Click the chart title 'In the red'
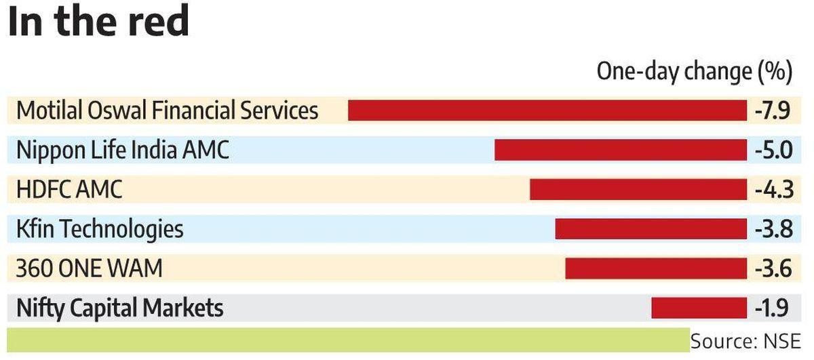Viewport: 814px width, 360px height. [98, 22]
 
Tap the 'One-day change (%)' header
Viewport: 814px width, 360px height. [694, 71]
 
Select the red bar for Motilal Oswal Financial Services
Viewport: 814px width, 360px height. [547, 111]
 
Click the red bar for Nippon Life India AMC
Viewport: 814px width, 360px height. [621, 150]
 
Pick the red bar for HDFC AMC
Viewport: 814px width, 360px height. [638, 189]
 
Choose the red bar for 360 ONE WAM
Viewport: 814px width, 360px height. [656, 268]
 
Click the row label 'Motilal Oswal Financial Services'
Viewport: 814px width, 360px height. [167, 111]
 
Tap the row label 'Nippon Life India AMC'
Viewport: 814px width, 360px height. [122, 150]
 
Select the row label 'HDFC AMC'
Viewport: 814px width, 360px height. [69, 189]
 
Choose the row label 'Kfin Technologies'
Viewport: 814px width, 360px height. [100, 229]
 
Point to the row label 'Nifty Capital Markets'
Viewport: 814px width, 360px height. [119, 308]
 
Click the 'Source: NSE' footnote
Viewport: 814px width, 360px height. [745, 340]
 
